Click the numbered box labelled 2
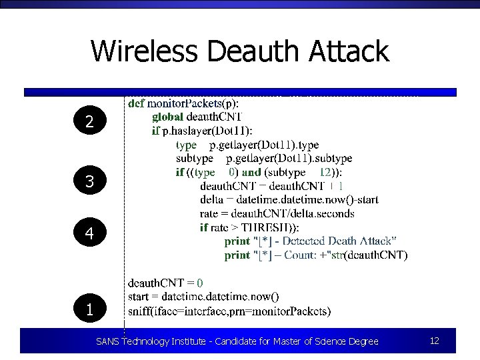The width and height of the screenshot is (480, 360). point(89,121)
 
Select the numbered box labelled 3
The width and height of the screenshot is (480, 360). point(89,181)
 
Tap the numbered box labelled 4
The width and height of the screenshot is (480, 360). point(89,233)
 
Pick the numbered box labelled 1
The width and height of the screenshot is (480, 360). point(89,309)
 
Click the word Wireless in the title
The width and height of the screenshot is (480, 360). point(145,51)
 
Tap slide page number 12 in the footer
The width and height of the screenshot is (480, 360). point(434,341)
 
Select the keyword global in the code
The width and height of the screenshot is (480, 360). point(167,117)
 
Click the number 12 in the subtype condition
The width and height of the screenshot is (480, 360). point(325,172)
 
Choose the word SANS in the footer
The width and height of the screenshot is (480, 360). point(107,341)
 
